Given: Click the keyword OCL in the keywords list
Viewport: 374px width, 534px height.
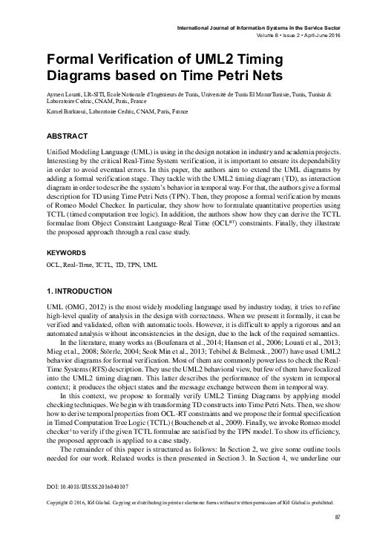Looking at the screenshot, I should point(53,263).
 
